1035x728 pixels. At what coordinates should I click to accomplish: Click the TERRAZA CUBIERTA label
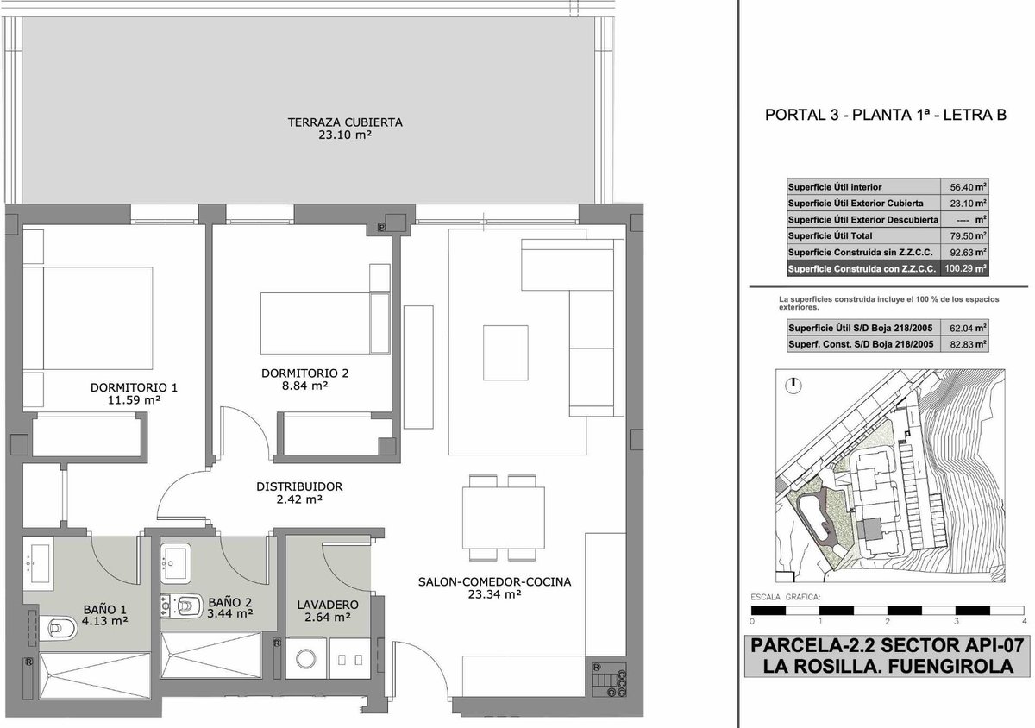point(345,122)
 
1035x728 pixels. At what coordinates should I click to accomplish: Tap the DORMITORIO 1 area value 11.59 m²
point(134,400)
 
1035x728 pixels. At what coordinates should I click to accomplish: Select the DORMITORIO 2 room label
point(305,373)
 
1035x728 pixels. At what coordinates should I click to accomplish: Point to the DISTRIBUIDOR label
point(299,486)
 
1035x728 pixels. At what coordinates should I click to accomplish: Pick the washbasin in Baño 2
point(175,563)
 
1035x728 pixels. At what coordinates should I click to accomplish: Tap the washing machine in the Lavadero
point(306,658)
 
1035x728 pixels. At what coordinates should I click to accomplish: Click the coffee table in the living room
point(505,353)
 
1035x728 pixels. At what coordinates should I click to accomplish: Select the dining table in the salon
point(503,518)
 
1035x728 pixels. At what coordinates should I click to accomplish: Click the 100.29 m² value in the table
point(965,268)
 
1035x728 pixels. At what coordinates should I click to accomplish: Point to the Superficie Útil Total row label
point(830,235)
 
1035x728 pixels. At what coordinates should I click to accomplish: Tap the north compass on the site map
point(793,386)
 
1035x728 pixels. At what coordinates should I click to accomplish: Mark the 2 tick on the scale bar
point(888,622)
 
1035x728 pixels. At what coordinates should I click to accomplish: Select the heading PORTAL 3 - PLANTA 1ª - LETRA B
point(885,115)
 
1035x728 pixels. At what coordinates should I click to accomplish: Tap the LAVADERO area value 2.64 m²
point(328,617)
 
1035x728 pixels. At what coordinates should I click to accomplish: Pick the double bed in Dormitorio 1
point(88,318)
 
